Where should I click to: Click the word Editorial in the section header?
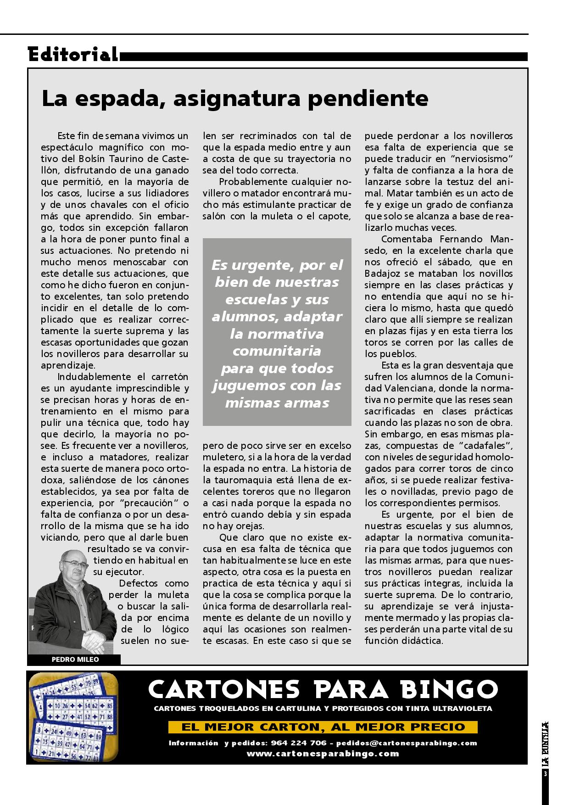73,55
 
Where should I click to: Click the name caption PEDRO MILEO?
75,660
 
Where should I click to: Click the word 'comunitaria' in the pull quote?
277,351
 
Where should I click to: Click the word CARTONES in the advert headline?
224,689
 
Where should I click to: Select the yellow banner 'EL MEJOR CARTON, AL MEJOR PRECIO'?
323,727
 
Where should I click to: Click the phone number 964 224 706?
299,743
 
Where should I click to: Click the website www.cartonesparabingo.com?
323,754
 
